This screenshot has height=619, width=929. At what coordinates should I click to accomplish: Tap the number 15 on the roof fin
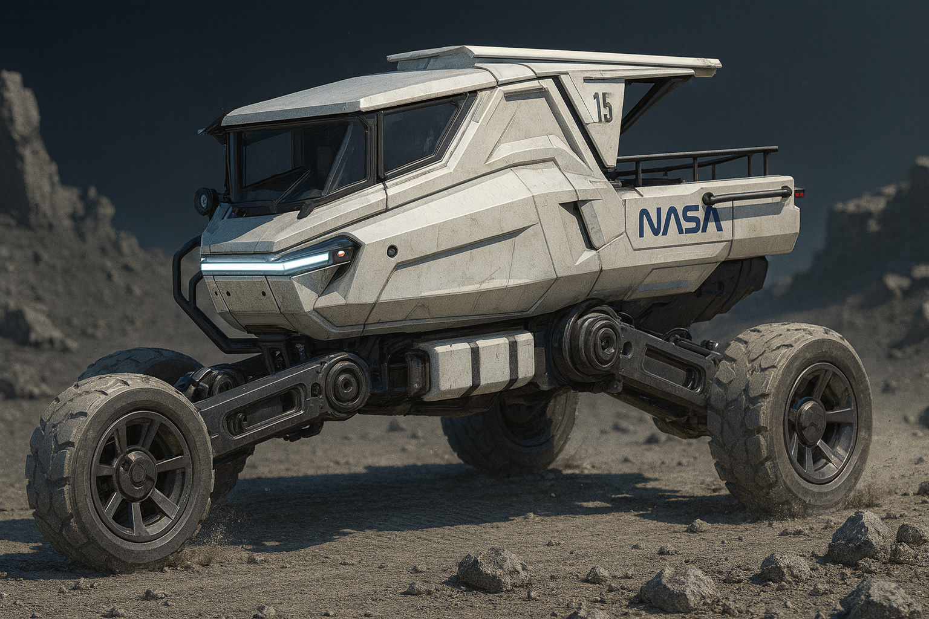602,106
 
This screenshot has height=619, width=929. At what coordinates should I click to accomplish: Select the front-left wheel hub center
135,471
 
